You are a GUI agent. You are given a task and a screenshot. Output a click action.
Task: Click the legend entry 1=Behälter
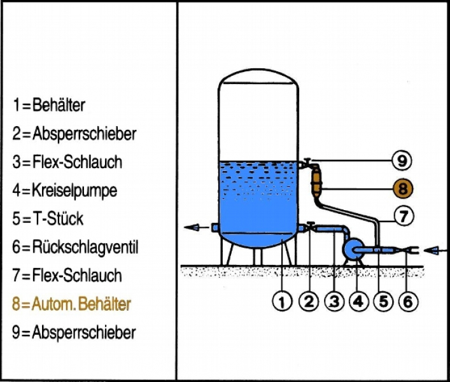pyautogui.click(x=48, y=104)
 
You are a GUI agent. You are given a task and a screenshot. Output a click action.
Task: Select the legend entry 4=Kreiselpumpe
pyautogui.click(x=64, y=190)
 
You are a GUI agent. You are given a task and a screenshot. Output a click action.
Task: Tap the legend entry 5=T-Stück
pyautogui.click(x=47, y=219)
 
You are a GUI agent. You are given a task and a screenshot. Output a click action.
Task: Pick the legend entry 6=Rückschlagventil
pyautogui.click(x=74, y=248)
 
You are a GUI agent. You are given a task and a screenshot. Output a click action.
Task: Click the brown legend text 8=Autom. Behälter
pyautogui.click(x=71, y=304)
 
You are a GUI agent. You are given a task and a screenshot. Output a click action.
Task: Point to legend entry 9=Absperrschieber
pyautogui.click(x=73, y=332)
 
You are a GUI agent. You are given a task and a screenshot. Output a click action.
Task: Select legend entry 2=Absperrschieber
pyautogui.click(x=73, y=134)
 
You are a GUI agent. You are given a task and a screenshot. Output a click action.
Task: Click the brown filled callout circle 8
pyautogui.click(x=402, y=188)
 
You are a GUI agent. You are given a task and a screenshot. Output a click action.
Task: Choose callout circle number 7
pyautogui.click(x=402, y=216)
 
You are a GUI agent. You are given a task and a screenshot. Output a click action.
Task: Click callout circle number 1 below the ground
pyautogui.click(x=281, y=302)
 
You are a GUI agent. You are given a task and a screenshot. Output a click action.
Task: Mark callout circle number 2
pyautogui.click(x=308, y=302)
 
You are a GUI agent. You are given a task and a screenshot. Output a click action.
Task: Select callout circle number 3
pyautogui.click(x=333, y=302)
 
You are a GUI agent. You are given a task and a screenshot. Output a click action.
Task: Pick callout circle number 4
pyautogui.click(x=358, y=302)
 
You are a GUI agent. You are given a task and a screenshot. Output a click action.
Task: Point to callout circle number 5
pyautogui.click(x=383, y=302)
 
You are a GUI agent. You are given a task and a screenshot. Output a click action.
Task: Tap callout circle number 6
pyautogui.click(x=407, y=302)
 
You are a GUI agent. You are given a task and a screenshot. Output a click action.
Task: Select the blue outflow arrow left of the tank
pyautogui.click(x=194, y=227)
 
